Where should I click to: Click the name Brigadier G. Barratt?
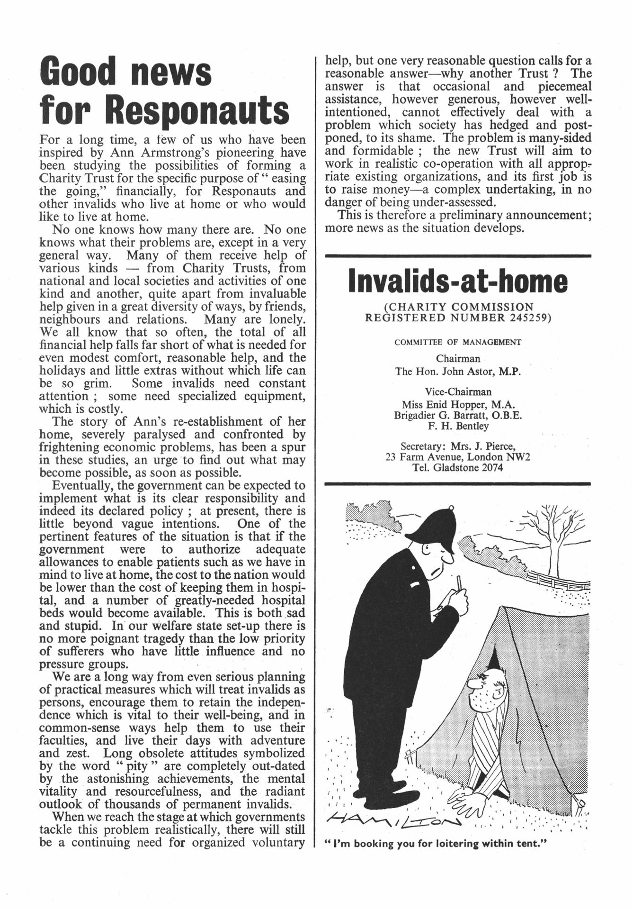[441, 415]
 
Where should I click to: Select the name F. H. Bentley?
[458, 426]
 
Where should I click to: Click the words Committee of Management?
[458, 342]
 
